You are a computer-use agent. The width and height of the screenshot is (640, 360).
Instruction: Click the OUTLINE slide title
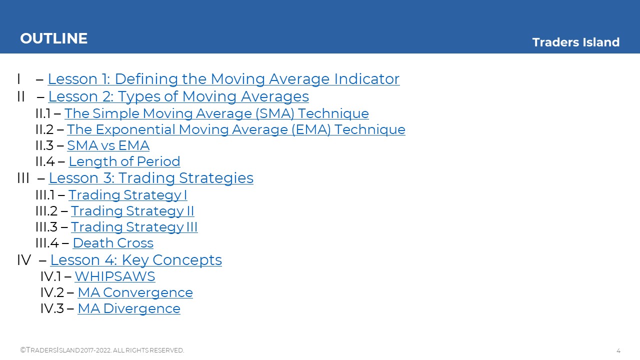[x=53, y=38]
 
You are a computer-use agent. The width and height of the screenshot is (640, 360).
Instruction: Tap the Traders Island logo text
[x=575, y=42]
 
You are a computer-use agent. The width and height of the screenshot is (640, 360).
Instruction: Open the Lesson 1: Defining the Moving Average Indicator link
[x=223, y=79]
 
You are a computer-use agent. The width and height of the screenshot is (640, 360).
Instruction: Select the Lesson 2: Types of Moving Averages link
[x=178, y=96]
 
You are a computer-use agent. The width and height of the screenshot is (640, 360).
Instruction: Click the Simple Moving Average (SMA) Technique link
[x=216, y=113]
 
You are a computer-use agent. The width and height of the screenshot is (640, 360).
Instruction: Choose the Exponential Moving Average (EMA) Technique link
[x=236, y=129]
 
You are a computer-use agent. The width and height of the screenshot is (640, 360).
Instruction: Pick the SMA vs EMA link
[x=108, y=145]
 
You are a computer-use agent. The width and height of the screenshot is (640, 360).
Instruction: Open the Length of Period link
[x=124, y=161]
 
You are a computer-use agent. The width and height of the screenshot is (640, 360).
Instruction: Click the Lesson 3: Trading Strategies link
[x=151, y=178]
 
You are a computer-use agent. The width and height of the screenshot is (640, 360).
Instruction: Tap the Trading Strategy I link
[x=127, y=195]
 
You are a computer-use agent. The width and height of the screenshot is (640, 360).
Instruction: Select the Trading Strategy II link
[x=132, y=211]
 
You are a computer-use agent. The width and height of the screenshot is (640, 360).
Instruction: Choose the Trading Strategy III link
[x=134, y=227]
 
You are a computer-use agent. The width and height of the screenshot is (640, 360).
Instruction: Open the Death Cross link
[x=113, y=243]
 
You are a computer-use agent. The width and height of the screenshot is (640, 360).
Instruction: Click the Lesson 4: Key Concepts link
[x=136, y=260]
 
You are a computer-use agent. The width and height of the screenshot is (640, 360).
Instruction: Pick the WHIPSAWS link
[x=115, y=276]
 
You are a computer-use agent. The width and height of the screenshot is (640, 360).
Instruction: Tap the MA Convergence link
[x=135, y=292]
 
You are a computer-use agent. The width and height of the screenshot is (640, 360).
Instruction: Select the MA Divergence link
[x=129, y=308]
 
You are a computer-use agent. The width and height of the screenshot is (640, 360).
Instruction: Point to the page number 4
[x=618, y=351]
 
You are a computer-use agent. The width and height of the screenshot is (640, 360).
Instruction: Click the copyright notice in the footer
[x=102, y=350]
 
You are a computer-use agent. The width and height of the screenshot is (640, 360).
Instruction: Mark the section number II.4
[x=45, y=161]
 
